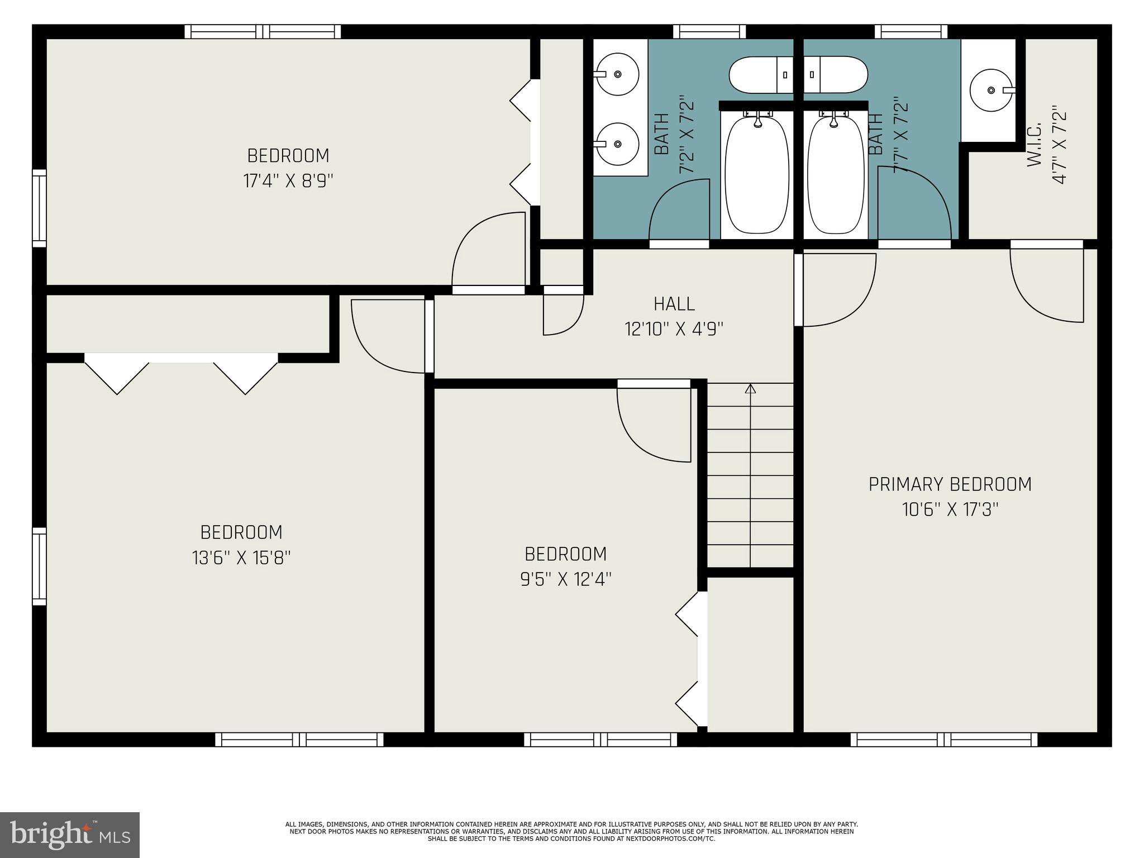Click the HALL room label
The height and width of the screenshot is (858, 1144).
tap(674, 304)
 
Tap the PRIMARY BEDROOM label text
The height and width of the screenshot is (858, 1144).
tap(950, 484)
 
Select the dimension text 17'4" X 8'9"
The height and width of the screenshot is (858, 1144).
tap(288, 181)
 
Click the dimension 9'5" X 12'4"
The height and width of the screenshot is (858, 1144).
tap(566, 579)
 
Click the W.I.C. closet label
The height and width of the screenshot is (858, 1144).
tap(1034, 145)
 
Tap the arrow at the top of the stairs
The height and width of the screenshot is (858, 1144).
tap(750, 388)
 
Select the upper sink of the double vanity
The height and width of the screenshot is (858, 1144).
tap(617, 74)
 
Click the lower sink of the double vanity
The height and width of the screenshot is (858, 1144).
tap(617, 144)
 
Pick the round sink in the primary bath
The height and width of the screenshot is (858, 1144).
tap(991, 90)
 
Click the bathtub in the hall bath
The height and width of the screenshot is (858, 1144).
tap(757, 174)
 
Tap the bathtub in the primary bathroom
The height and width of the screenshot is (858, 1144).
tap(836, 174)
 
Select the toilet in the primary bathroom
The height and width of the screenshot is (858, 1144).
tap(836, 75)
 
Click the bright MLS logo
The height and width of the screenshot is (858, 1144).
tap(70, 835)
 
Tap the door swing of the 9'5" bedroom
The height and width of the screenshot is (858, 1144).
tap(654, 425)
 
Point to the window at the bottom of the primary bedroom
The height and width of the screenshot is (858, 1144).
tap(944, 740)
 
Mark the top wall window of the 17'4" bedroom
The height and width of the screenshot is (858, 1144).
tap(263, 31)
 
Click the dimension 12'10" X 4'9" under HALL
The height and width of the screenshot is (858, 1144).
tap(674, 329)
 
